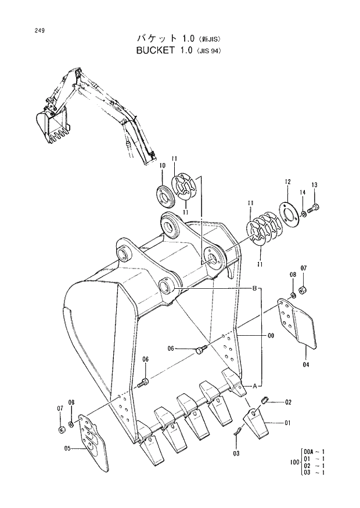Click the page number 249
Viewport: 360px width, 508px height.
point(23,30)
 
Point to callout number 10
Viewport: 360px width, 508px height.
point(162,166)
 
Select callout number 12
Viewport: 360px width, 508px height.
point(287,182)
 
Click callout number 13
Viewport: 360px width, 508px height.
point(314,185)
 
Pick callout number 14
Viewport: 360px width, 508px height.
point(303,192)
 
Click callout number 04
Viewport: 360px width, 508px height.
point(305,365)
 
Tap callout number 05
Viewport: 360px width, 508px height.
point(67,448)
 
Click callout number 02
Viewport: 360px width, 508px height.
point(288,402)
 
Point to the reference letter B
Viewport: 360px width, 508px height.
point(254,288)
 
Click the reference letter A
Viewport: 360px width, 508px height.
point(253,385)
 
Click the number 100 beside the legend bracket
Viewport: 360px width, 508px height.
point(294,462)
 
